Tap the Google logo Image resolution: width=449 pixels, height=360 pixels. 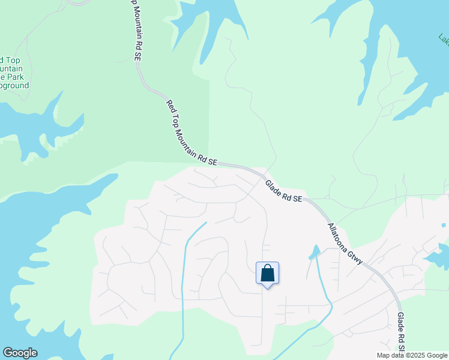(20, 353)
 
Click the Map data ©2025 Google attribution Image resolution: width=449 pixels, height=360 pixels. (412, 355)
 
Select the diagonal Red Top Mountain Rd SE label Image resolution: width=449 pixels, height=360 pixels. (191, 133)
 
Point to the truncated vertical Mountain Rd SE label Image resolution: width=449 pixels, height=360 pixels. (136, 30)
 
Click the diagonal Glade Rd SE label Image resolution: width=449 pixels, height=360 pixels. (283, 190)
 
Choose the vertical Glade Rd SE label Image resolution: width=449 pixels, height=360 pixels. (400, 332)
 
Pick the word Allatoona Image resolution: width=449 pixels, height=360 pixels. (339, 240)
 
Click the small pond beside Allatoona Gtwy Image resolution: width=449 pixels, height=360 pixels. (314, 252)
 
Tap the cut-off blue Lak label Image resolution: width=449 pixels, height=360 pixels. (444, 38)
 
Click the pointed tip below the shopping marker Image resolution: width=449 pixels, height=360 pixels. (268, 287)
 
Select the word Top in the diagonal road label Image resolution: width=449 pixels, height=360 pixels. (178, 116)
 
